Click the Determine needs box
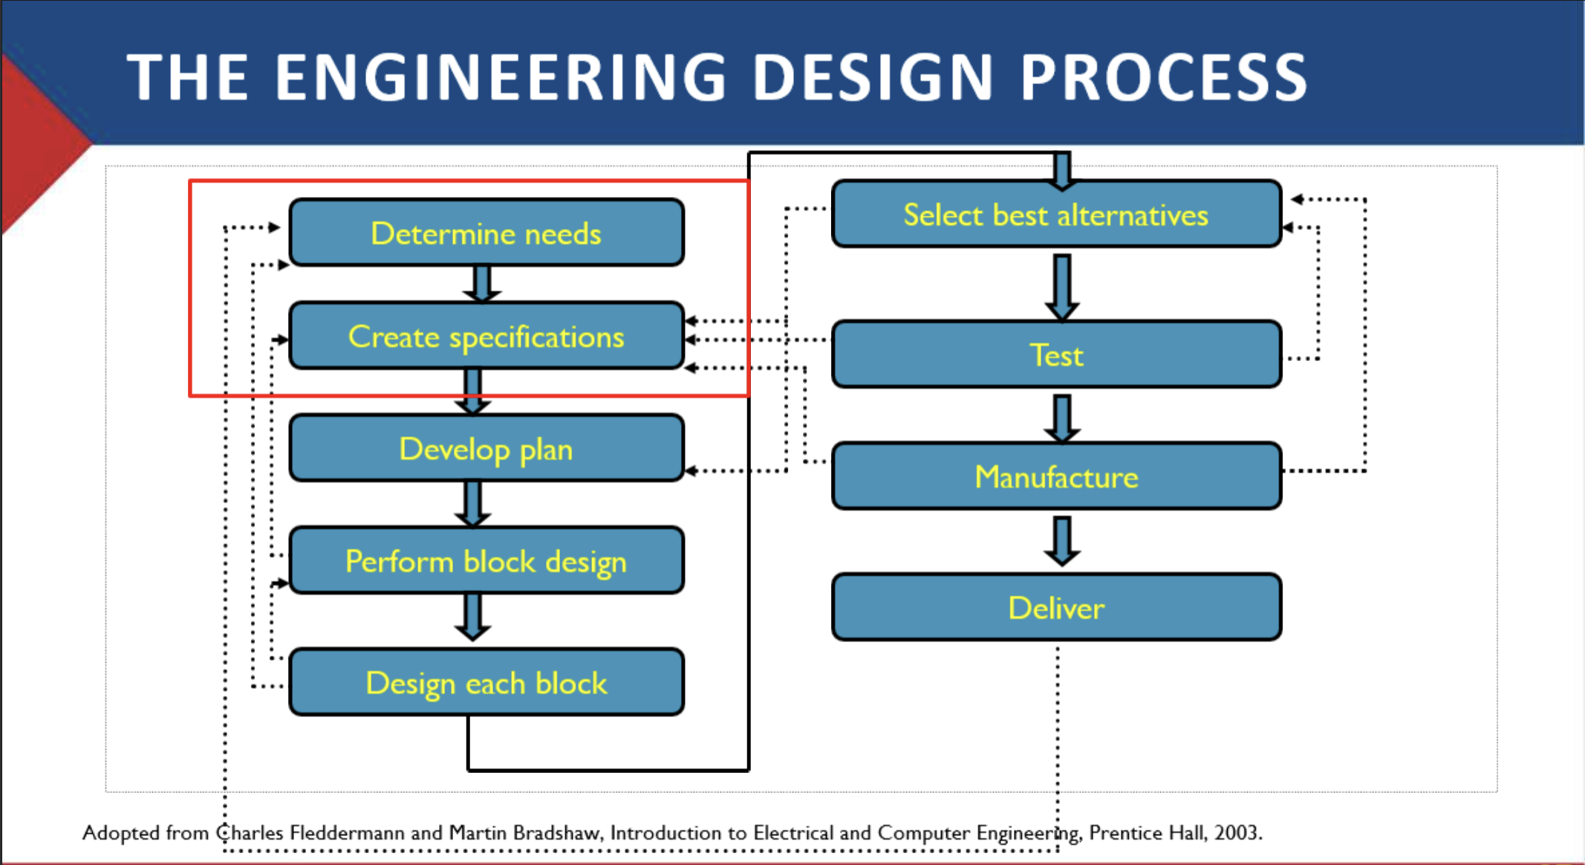pyautogui.click(x=486, y=233)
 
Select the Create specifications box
pyautogui.click(x=486, y=336)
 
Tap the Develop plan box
pyautogui.click(x=486, y=448)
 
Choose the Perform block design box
pyautogui.click(x=486, y=560)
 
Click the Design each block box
pyautogui.click(x=486, y=682)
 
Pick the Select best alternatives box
pyautogui.click(x=1057, y=214)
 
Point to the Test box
pyautogui.click(x=1057, y=354)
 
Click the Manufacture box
pyautogui.click(x=1057, y=476)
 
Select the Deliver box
pyautogui.click(x=1057, y=607)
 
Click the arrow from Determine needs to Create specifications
pyautogui.click(x=482, y=284)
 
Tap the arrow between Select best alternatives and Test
pyautogui.click(x=1062, y=288)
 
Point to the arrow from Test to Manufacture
pyautogui.click(x=1062, y=418)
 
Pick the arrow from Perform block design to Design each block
pyautogui.click(x=472, y=617)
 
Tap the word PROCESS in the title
pyautogui.click(x=1164, y=77)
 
